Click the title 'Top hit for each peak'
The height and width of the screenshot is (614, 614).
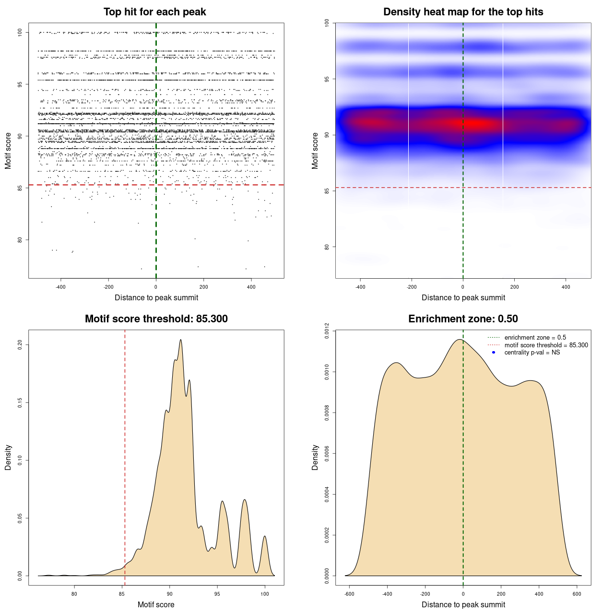(155, 12)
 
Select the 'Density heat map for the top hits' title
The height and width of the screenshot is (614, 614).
(463, 12)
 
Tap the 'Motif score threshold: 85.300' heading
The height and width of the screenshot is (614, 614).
(156, 319)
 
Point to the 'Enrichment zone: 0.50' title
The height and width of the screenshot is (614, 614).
(463, 319)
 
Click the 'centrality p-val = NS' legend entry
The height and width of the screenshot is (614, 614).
(532, 353)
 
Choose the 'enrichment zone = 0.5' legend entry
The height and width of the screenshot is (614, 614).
(535, 338)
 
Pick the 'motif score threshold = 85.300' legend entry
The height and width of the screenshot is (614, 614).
(546, 345)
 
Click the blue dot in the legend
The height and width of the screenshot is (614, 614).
(494, 353)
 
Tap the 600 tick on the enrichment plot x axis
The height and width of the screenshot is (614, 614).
(577, 594)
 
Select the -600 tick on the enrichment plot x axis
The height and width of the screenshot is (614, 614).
(349, 594)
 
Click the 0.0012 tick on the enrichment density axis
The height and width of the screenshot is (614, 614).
(327, 331)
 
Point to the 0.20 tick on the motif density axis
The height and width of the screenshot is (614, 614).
(20, 344)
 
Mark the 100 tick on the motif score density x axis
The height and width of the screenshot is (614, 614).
(264, 594)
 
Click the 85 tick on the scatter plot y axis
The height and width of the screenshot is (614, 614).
(20, 188)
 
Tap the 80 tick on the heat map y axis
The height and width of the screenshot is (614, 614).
(327, 247)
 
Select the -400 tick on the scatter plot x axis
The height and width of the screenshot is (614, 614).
(60, 287)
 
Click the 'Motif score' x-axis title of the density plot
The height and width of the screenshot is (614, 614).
(156, 604)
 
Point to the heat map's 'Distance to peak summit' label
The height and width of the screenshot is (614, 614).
(463, 297)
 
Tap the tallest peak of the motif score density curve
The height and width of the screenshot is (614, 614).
(181, 340)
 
